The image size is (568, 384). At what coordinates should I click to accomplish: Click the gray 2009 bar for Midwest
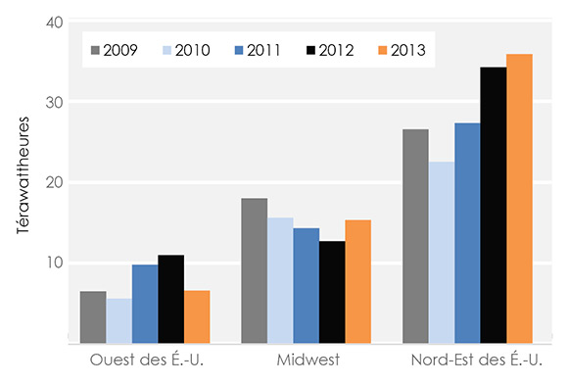coord(255,270)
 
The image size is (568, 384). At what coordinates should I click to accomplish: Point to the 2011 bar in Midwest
coord(306,285)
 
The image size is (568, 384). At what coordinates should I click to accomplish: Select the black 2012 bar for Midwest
coord(332,292)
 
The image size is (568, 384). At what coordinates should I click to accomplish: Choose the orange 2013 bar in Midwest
coord(357,281)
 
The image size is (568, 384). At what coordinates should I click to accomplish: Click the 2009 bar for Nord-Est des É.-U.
coord(415,236)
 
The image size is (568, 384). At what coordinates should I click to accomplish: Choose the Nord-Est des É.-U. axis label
coord(467,360)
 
